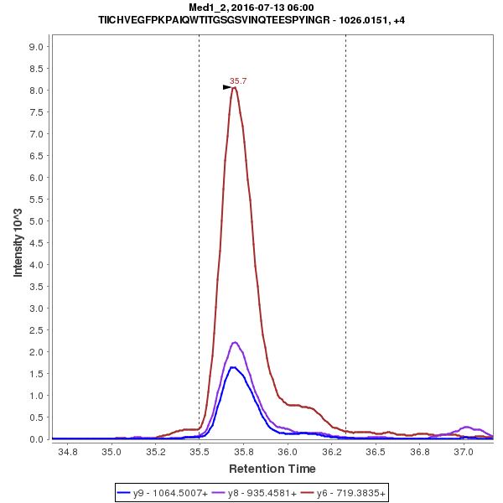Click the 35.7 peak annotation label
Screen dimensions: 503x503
(x=238, y=81)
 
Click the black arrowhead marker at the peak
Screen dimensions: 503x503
(x=226, y=87)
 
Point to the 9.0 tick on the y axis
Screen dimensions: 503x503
(x=36, y=47)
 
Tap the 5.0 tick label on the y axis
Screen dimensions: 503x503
(x=36, y=221)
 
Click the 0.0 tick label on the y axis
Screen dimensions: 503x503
(x=36, y=439)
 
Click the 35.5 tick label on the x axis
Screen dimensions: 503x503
(x=200, y=451)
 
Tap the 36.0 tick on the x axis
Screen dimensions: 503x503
(x=288, y=451)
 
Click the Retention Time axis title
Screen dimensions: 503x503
(x=272, y=469)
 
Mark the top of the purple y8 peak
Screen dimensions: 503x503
(x=235, y=342)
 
